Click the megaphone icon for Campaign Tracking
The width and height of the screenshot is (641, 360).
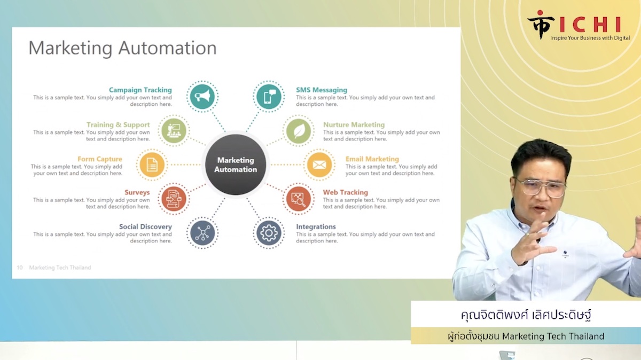point(202,97)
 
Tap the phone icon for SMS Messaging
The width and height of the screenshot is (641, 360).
point(269,97)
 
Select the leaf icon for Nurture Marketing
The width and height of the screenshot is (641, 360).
point(299,131)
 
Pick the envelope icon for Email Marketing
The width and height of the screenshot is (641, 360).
point(319,165)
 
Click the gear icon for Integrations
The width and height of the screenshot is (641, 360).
point(269,233)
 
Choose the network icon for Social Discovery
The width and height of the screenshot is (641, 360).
point(202,233)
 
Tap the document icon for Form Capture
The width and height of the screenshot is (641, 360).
point(152,165)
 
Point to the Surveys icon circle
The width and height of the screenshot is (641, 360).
point(174,199)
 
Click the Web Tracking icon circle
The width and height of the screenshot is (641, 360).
point(299,199)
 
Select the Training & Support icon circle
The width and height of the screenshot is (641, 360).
point(174,131)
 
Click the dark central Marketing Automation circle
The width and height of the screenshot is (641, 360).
point(236,165)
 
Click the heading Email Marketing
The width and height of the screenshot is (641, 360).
point(372,159)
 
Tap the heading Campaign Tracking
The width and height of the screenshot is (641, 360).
point(140,90)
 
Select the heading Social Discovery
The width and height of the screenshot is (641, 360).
point(145,226)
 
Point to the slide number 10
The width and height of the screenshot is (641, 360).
point(19,268)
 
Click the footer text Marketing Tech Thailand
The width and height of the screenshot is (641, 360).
point(60,268)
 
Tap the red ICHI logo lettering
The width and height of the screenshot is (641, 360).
point(590,25)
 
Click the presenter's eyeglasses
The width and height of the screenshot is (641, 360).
point(541,187)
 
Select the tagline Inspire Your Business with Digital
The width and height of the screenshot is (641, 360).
point(590,38)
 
